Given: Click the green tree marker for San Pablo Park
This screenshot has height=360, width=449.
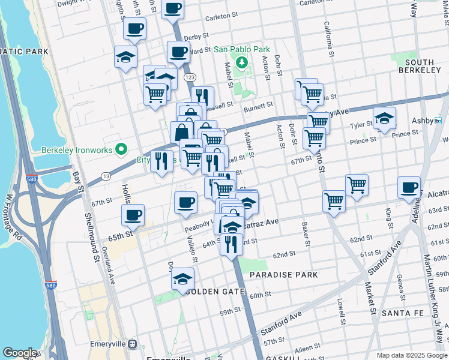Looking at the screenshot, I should [x=241, y=62].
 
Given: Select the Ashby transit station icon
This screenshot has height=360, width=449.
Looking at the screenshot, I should [x=438, y=121].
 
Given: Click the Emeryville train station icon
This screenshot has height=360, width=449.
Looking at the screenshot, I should [x=132, y=345].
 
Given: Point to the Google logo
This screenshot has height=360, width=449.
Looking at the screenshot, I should [x=20, y=353].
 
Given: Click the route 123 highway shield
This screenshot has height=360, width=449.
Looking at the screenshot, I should [x=190, y=77].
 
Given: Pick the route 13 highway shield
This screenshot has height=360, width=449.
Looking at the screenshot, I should [x=105, y=176].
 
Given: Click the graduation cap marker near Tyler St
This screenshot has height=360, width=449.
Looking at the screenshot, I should [x=384, y=118].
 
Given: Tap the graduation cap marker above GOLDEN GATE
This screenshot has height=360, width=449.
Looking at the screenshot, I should [x=182, y=278].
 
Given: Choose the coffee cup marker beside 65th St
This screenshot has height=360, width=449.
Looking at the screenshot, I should [x=133, y=214].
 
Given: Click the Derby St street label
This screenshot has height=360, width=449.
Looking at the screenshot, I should [x=196, y=37].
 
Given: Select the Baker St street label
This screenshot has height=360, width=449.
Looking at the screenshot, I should [x=306, y=235].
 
